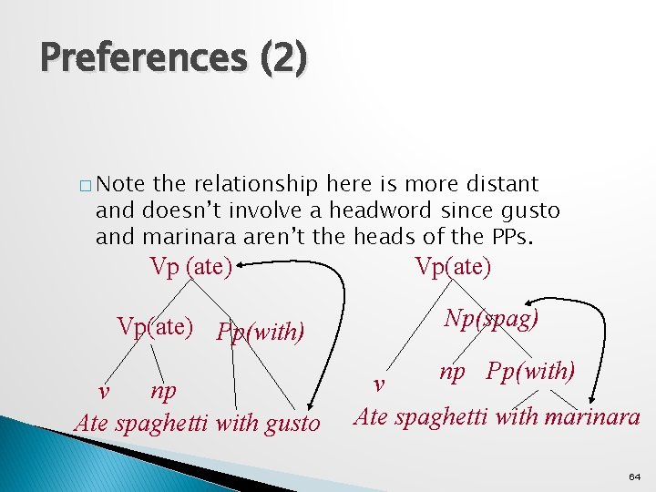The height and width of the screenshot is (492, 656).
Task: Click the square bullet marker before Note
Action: pos(85,186)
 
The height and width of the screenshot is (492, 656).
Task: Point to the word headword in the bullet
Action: pos(381,210)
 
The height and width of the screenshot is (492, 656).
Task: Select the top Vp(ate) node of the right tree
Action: pos(453,267)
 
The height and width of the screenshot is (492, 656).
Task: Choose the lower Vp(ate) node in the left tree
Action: pos(154,326)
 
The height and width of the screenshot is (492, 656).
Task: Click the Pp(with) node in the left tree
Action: pos(260,331)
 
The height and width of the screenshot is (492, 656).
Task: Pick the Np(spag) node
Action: pos(491,318)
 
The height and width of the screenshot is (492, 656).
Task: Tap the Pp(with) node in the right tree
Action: pos(530,372)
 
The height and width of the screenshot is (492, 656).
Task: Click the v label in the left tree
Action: pos(105,391)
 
